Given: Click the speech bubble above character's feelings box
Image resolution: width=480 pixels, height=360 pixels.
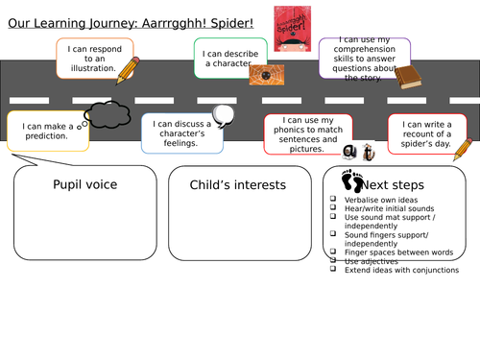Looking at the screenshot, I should [x=222, y=114].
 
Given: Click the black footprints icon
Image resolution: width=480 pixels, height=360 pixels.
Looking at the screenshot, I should [x=352, y=180].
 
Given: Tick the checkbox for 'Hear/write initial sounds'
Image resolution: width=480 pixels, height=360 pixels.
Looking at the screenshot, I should [x=332, y=208].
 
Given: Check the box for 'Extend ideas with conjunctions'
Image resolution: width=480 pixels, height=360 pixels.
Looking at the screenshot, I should [x=332, y=269].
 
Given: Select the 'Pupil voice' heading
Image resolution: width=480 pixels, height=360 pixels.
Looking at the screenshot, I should [x=84, y=183].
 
